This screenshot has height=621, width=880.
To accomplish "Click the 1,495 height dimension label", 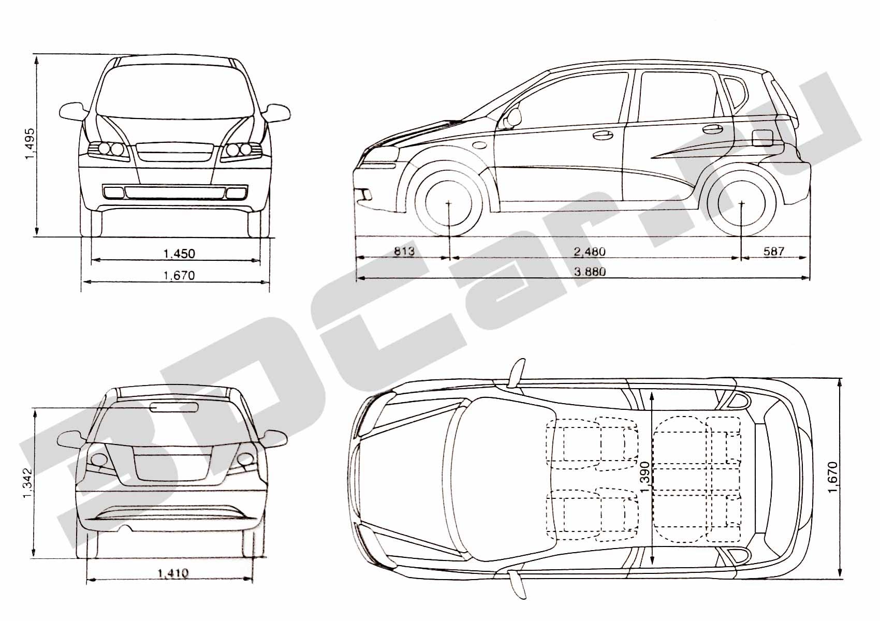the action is [x=30, y=144].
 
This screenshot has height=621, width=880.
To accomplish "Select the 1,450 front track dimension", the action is [x=179, y=254].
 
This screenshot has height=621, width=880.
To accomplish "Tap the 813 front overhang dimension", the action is [x=404, y=251].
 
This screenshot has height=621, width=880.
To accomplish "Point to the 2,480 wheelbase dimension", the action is [x=589, y=252].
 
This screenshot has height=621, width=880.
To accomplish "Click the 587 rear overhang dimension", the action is [x=773, y=251].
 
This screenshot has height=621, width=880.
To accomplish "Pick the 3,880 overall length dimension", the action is [x=590, y=271].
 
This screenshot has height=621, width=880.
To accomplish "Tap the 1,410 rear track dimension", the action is [x=173, y=574].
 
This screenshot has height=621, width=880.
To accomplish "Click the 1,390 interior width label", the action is [x=644, y=477].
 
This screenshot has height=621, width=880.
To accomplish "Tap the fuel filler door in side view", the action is [x=762, y=138].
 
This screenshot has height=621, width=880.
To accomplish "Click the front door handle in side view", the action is [x=603, y=135].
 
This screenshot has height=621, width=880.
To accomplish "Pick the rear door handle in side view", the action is [x=713, y=128].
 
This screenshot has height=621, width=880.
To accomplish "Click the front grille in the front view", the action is [x=175, y=152].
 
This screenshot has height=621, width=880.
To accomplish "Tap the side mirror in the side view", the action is [x=511, y=118].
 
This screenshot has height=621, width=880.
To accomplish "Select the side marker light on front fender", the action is [x=479, y=145].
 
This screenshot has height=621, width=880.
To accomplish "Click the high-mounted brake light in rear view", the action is [x=173, y=407].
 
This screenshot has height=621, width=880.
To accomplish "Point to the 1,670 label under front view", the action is [x=179, y=275].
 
